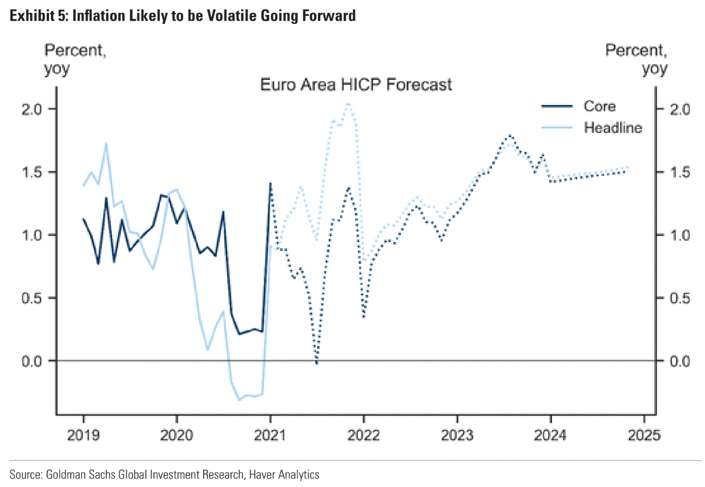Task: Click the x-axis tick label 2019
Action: point(83,436)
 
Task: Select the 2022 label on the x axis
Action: point(364,436)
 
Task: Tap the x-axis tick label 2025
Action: point(644,436)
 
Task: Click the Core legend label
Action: point(599,106)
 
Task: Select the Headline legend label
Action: point(613,127)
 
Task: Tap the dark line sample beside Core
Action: point(556,106)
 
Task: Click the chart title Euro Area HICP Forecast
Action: point(356,85)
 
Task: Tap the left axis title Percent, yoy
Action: point(75,59)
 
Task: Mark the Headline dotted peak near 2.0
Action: point(348,103)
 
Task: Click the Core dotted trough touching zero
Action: point(317,363)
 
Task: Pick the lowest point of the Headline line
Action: point(239,399)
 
